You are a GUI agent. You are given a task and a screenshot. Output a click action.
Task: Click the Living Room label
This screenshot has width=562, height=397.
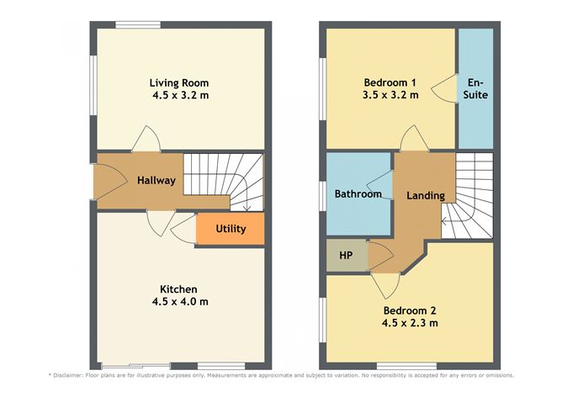(x=178, y=82)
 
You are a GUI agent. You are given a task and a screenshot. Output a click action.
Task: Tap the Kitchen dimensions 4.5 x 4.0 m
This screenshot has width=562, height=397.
(x=178, y=301)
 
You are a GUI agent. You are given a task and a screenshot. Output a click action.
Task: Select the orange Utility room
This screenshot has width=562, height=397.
(x=231, y=228)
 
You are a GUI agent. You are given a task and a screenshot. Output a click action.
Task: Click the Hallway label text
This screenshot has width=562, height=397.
(x=156, y=180)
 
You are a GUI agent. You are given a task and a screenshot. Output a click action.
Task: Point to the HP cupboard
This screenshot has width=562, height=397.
(x=345, y=256)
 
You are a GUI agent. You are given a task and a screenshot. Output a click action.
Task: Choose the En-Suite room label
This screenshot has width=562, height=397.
(x=476, y=88)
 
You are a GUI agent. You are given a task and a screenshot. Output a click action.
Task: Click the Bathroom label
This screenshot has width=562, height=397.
(x=358, y=194)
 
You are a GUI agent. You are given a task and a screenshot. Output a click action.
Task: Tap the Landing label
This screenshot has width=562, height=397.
(x=425, y=195)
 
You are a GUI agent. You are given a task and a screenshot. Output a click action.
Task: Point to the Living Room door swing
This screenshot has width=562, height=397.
(x=146, y=139)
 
